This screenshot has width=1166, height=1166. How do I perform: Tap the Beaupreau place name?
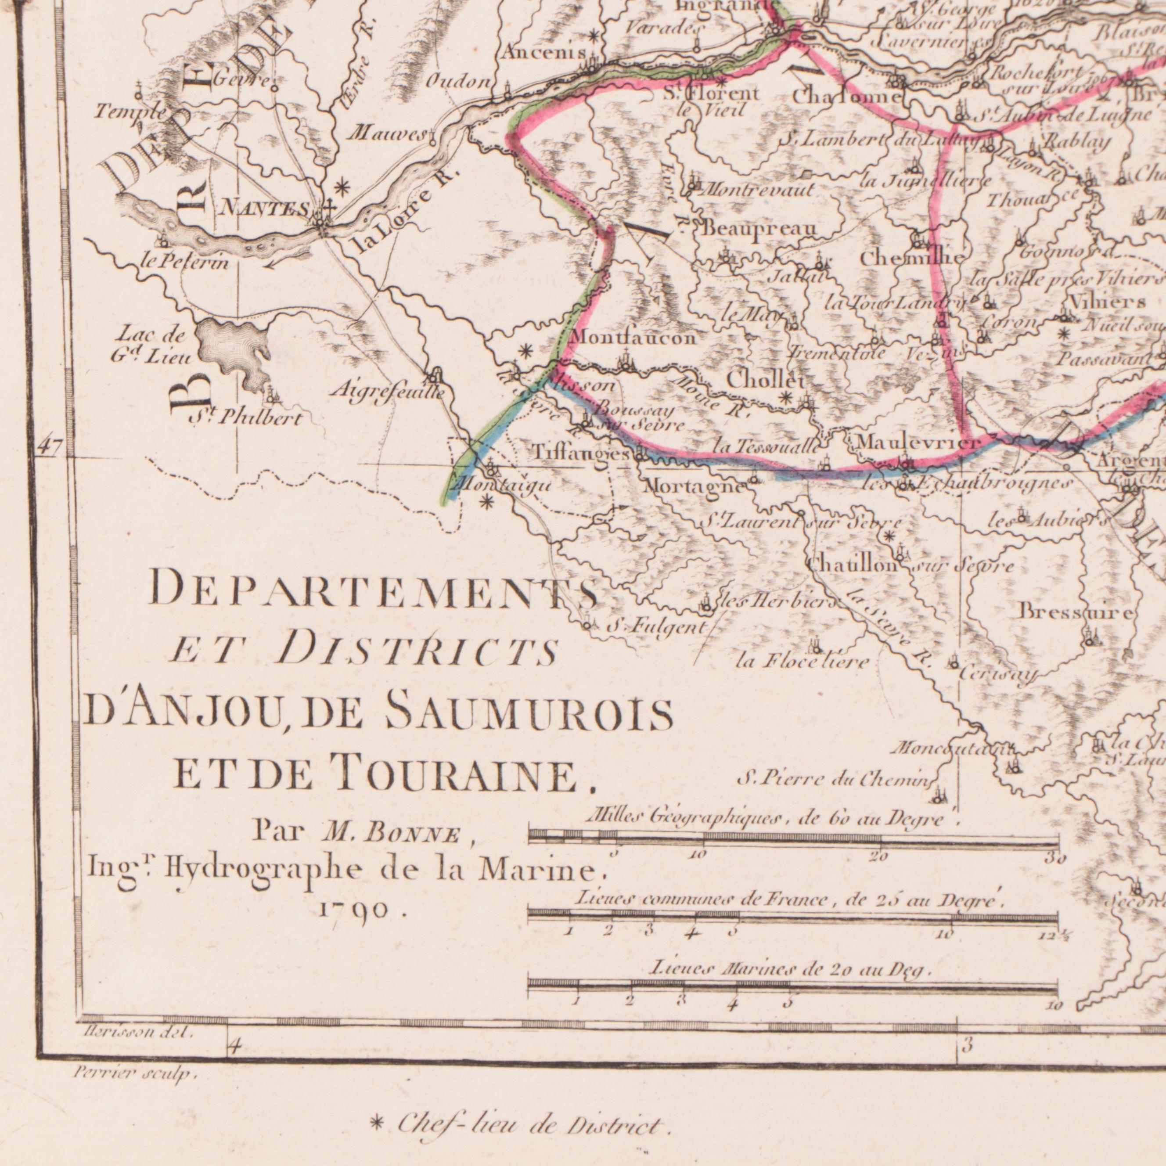click(x=759, y=229)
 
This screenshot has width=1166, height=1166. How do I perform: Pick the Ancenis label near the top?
click(x=544, y=53)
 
